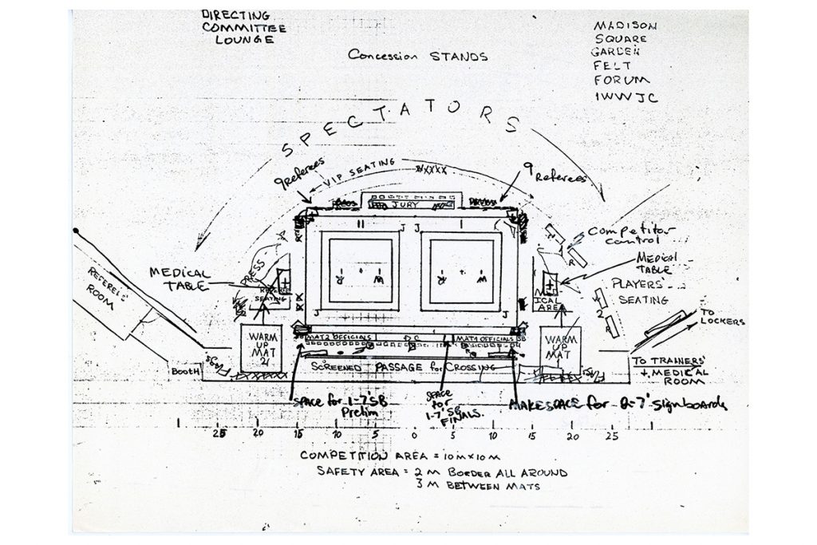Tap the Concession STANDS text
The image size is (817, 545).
pos(418,56)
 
